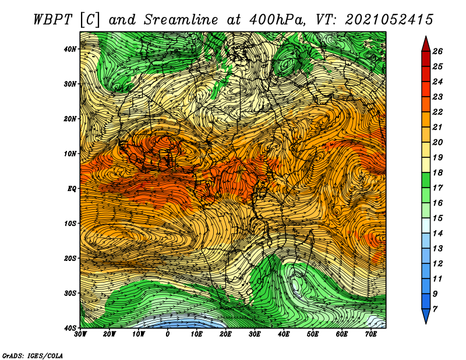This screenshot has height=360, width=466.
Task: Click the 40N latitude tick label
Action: (x=70, y=49)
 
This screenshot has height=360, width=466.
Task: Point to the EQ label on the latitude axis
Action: (x=72, y=189)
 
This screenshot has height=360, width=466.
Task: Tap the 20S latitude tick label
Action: (x=70, y=258)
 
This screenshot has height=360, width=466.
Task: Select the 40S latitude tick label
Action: (x=70, y=328)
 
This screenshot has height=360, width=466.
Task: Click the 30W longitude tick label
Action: (x=80, y=334)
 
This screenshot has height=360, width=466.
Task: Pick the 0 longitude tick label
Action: (x=168, y=334)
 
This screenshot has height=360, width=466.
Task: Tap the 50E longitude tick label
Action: (x=313, y=334)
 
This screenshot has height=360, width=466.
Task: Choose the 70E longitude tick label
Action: (x=371, y=334)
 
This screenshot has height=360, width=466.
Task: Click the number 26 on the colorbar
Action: (x=437, y=51)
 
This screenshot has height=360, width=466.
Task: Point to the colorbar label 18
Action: (x=437, y=172)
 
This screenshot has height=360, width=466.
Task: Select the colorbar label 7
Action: (x=435, y=309)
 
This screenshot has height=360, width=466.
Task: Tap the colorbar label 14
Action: (x=437, y=234)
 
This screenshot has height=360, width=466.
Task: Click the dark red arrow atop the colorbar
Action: (x=426, y=45)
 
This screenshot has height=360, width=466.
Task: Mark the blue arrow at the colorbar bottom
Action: (x=426, y=315)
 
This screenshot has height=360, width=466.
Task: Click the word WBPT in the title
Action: (x=53, y=20)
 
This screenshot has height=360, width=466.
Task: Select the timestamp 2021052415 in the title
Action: (x=389, y=20)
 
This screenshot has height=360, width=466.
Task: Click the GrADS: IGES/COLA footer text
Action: (x=33, y=355)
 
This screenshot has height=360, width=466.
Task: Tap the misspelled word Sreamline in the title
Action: (x=181, y=20)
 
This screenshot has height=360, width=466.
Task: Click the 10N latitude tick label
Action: (x=70, y=154)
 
